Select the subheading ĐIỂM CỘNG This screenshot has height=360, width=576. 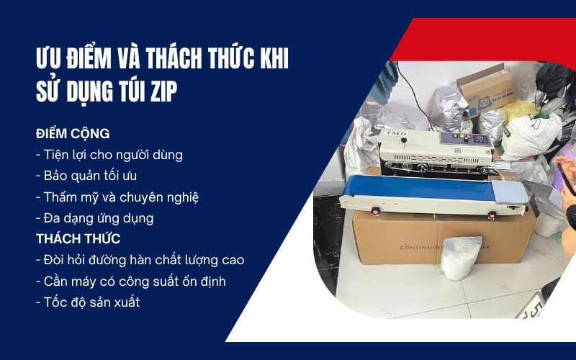click(73, 135)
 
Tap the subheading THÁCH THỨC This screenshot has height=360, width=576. click(78, 238)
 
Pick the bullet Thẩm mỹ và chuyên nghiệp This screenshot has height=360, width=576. click(117, 197)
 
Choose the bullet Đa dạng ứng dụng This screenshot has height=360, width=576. click(94, 217)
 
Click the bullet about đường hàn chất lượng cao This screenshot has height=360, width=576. click(140, 259)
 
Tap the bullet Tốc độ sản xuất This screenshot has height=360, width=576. click(87, 302)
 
